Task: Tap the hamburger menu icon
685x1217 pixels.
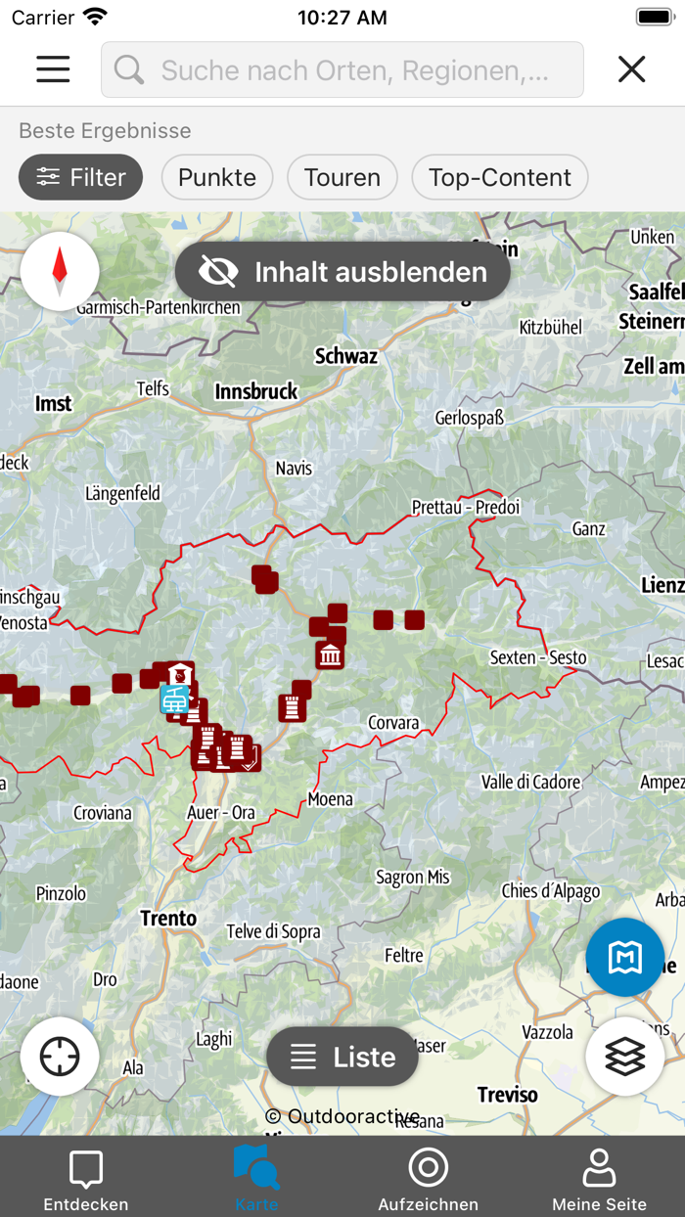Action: pos(53,68)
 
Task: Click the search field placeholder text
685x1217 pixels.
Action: pos(354,70)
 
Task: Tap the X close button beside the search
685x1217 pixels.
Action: pos(632,68)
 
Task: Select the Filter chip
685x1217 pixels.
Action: pos(81,177)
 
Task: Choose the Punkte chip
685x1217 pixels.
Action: pos(217,177)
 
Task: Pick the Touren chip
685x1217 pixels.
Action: pos(342,177)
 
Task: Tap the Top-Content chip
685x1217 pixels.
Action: pos(499,177)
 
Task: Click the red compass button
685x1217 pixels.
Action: pos(60,271)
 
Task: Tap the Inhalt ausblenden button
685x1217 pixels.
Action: pos(342,272)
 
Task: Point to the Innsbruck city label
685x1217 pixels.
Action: pos(256,391)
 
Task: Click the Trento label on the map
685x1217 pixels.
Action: pos(168,919)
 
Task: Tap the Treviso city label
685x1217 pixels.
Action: pos(508,1094)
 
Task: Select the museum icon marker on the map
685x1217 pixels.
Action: pos(330,654)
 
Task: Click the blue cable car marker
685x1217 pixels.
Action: pos(174,699)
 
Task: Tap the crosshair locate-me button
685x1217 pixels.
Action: pos(60,1057)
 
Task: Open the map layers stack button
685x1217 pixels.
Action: pos(624,1057)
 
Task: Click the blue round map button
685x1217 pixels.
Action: pos(624,958)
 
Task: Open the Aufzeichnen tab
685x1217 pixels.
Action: pos(428,1178)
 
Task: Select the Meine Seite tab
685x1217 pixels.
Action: pos(599,1178)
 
